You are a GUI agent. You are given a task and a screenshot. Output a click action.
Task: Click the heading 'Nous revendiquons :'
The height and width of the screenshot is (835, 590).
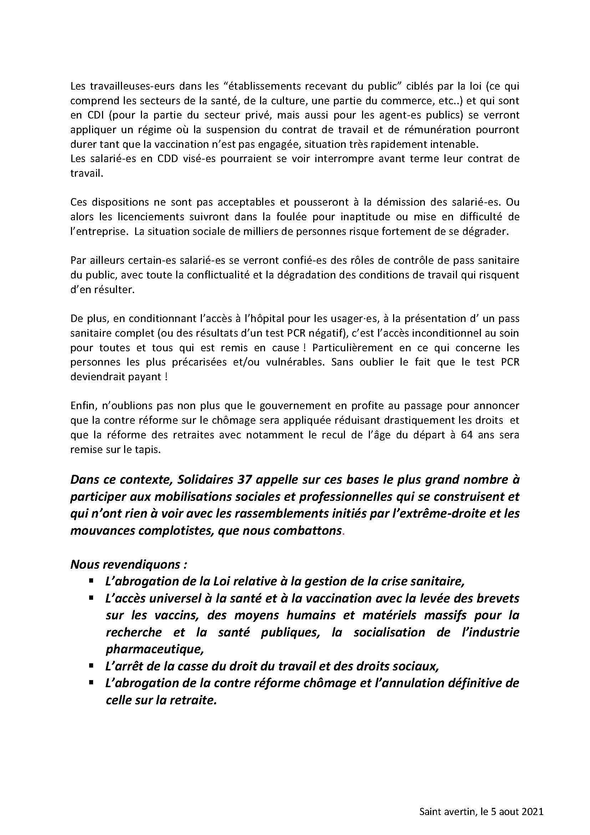(x=129, y=564)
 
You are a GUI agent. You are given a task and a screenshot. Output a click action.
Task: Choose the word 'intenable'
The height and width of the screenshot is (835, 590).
(x=454, y=144)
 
